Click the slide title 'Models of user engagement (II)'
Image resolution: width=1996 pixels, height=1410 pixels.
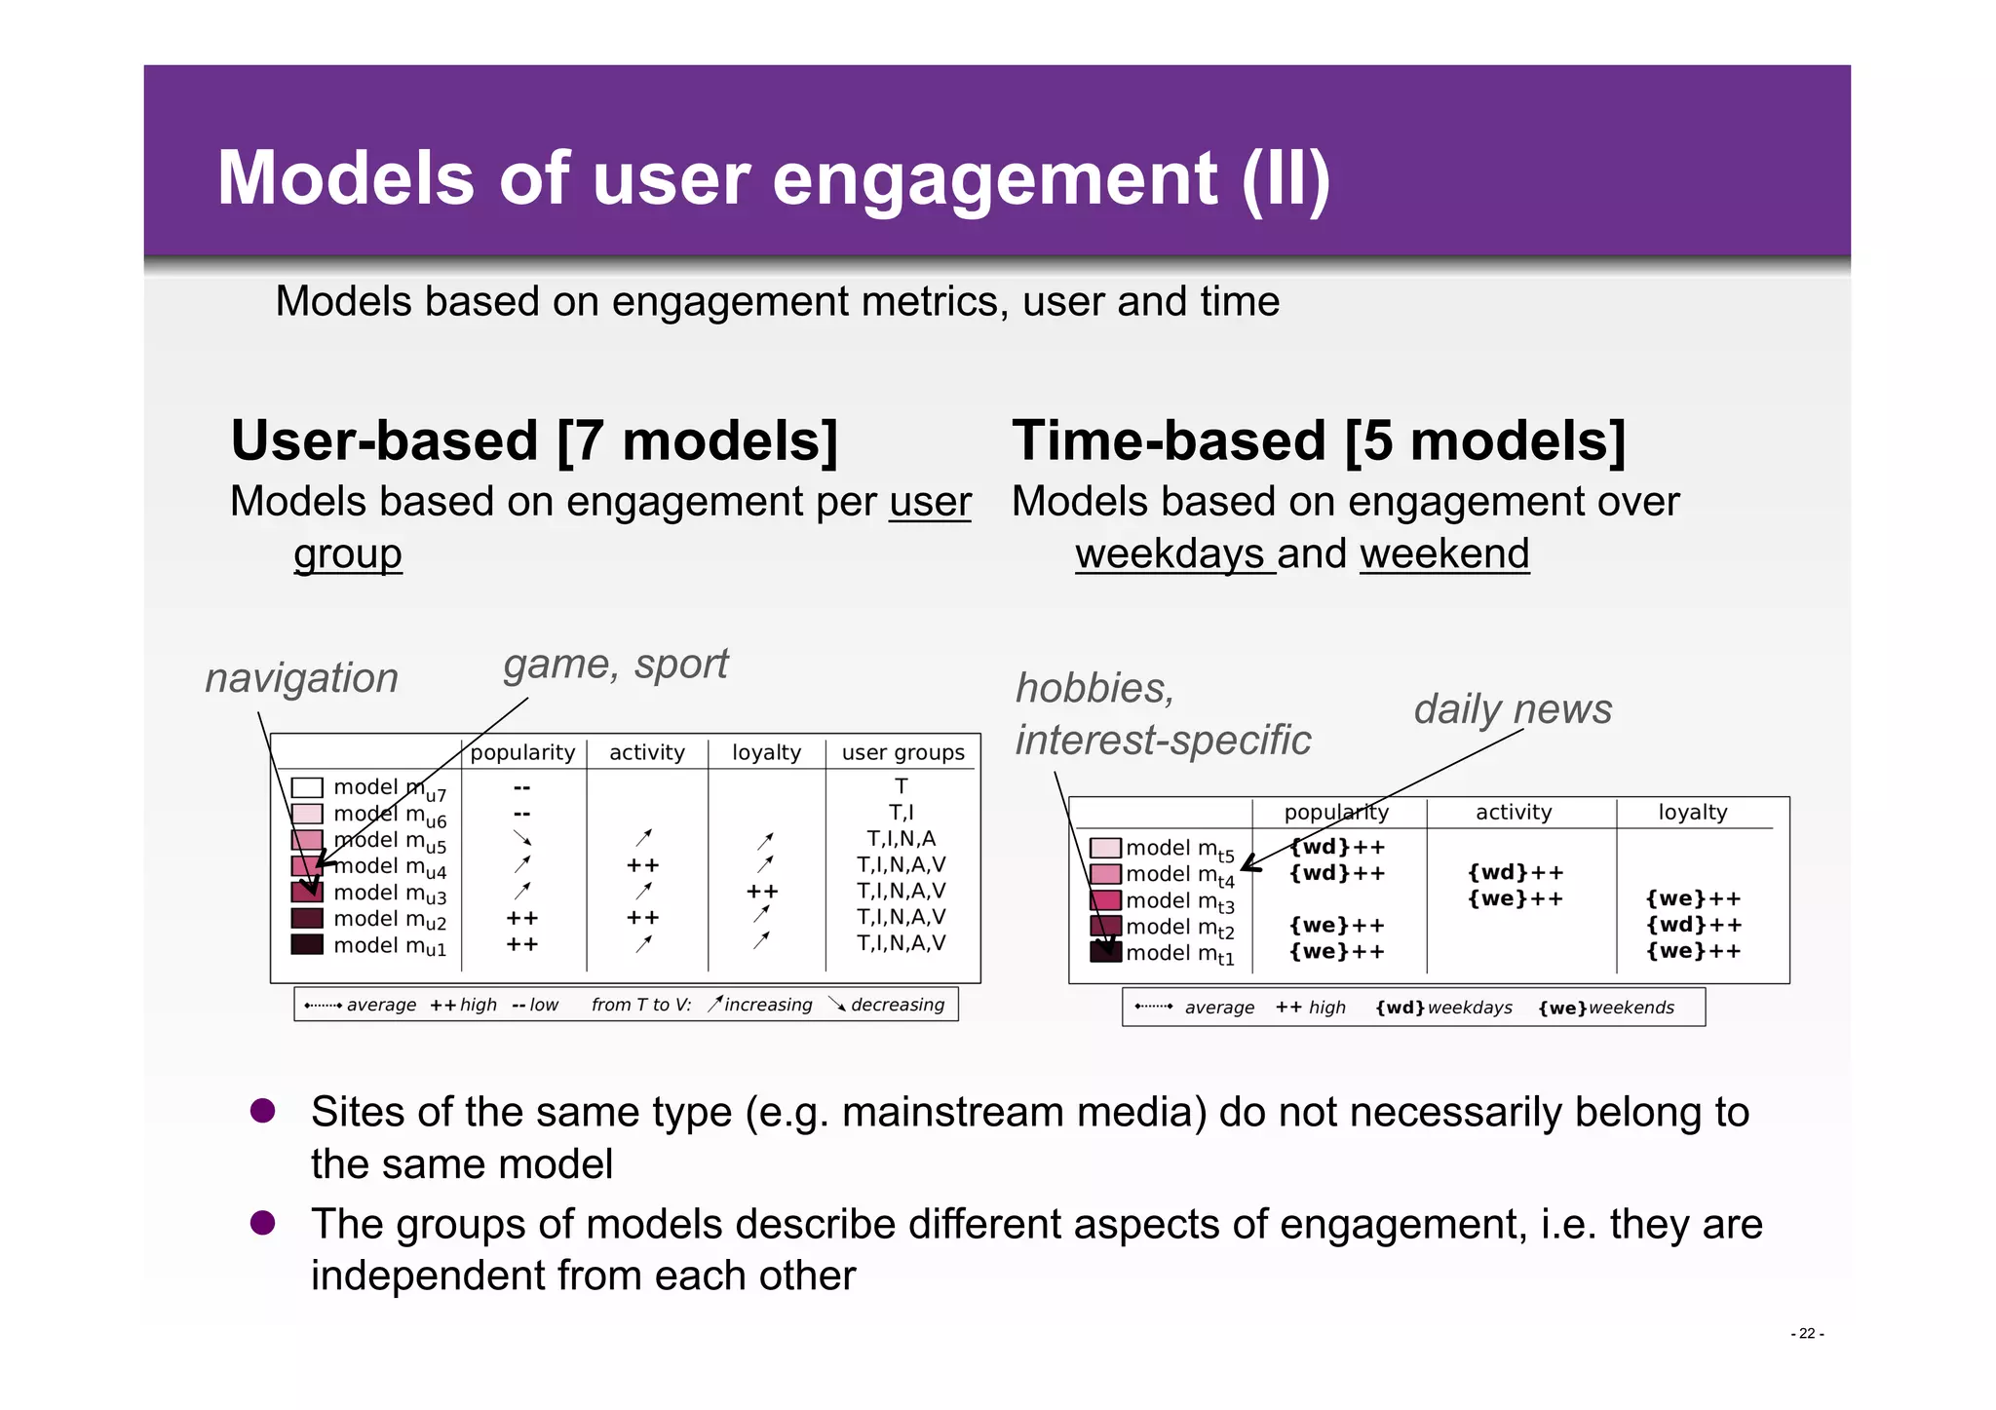[x=773, y=179]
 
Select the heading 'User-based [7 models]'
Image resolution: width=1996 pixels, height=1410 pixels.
[x=534, y=440]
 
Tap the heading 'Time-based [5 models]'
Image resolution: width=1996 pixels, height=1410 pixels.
[x=1319, y=440]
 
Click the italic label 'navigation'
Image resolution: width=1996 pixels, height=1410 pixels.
[x=301, y=678]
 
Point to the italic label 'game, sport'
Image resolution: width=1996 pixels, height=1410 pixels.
[x=615, y=665]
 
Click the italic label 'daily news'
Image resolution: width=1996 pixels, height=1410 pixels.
[x=1512, y=709]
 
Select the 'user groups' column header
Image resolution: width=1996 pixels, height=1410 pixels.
[x=902, y=752]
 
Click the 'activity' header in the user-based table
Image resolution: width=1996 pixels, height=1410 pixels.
[x=646, y=752]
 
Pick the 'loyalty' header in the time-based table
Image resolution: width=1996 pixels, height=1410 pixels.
[x=1692, y=813]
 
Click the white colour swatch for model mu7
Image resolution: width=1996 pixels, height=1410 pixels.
[x=307, y=787]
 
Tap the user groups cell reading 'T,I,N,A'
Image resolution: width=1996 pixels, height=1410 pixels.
[x=901, y=839]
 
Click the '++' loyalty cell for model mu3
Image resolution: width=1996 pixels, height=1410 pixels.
[x=762, y=892]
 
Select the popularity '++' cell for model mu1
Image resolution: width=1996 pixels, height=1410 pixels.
[x=522, y=944]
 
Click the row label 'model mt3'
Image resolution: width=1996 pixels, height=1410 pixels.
[x=1179, y=901]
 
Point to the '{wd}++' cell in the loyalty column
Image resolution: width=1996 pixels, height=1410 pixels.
[x=1693, y=925]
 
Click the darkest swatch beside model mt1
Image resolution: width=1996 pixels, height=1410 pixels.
[x=1105, y=952]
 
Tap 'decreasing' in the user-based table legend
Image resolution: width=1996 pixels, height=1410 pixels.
[x=897, y=1005]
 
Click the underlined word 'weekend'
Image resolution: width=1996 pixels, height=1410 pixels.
[x=1443, y=554]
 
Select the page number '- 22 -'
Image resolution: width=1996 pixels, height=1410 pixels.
[x=1806, y=1333]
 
